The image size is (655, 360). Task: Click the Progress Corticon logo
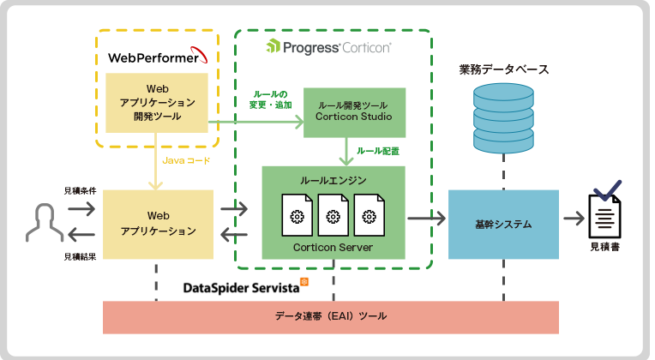(x=329, y=47)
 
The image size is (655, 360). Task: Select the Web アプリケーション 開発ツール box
(x=157, y=102)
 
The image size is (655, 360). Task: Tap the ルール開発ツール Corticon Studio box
(x=353, y=111)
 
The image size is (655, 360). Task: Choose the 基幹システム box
(x=502, y=224)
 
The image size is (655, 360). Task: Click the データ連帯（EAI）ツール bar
(x=331, y=316)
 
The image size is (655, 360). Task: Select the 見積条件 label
(x=80, y=190)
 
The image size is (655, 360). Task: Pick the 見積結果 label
(x=80, y=255)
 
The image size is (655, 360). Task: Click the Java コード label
(x=186, y=160)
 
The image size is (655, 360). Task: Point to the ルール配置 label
(x=378, y=151)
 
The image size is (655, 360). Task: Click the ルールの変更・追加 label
(x=271, y=99)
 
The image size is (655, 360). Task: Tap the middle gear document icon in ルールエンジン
(x=333, y=216)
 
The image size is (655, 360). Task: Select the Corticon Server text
(x=333, y=247)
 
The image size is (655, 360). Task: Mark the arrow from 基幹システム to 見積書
(x=574, y=219)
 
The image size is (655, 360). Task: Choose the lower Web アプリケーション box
(x=157, y=224)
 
